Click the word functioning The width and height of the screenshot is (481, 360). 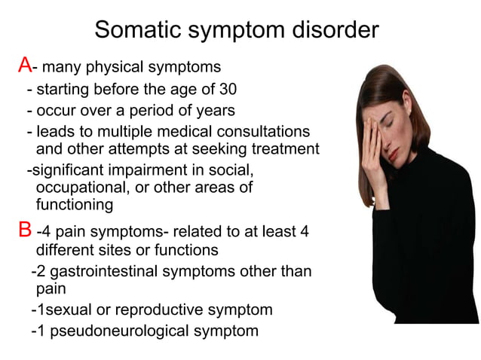point(75,204)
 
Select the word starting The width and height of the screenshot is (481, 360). point(67,90)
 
